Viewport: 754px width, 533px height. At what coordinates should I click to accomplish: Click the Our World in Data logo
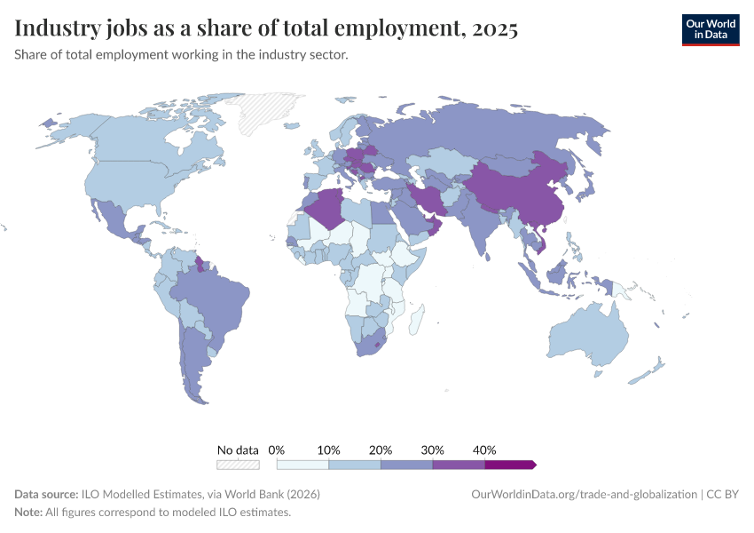(710, 29)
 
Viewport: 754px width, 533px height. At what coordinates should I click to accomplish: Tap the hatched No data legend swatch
(238, 465)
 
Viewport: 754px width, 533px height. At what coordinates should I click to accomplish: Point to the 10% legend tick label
(329, 449)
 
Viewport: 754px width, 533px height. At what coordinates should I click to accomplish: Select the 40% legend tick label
(484, 449)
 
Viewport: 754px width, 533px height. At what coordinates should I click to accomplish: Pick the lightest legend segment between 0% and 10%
(302, 465)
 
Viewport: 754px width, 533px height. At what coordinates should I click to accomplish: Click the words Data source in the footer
(46, 494)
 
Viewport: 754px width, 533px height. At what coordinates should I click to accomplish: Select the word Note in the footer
(28, 513)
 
